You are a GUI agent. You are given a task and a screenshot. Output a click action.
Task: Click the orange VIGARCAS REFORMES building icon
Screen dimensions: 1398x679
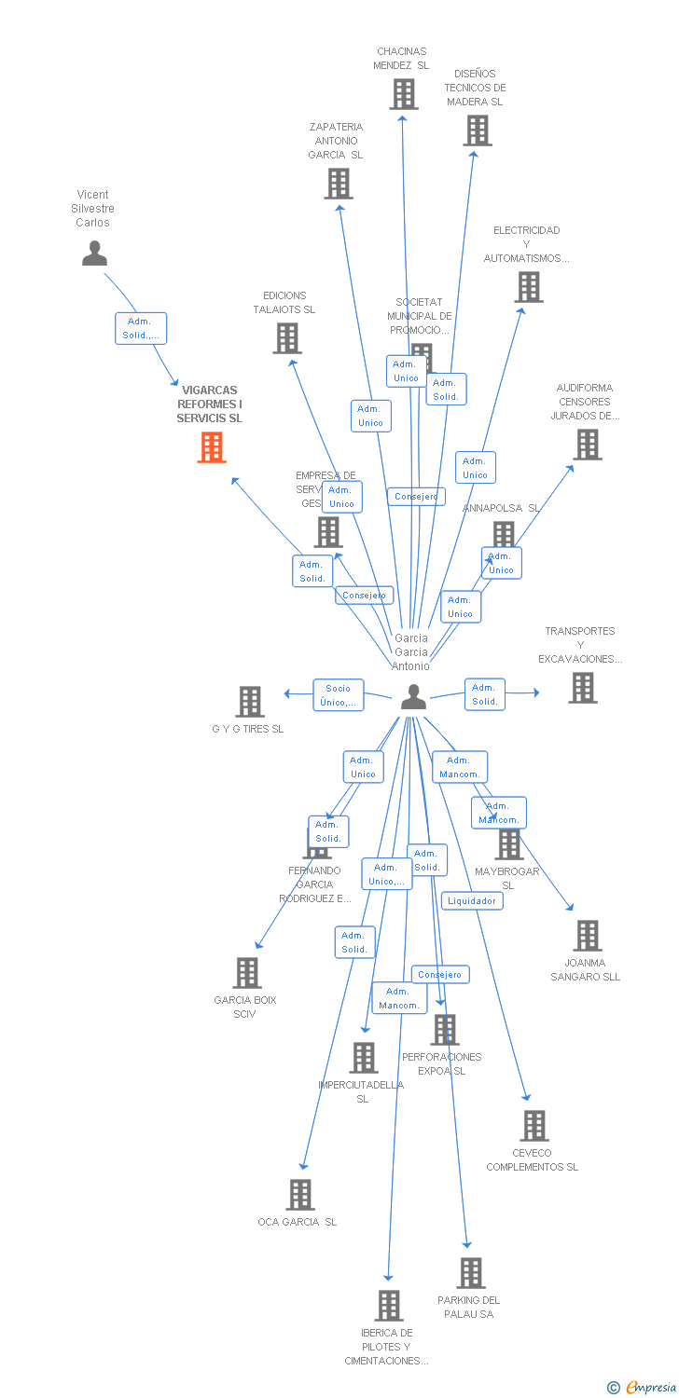pos(213,447)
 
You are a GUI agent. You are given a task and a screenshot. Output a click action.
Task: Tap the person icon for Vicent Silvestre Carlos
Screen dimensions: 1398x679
pos(94,253)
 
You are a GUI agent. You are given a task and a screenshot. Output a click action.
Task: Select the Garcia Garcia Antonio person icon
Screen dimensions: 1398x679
pos(413,696)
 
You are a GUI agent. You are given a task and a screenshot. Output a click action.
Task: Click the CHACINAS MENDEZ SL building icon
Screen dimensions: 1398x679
pos(403,94)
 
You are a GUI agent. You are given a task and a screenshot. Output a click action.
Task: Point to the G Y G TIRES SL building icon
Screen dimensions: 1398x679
pos(249,702)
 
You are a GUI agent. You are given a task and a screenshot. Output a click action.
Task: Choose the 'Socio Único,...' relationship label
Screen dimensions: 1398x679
pos(338,695)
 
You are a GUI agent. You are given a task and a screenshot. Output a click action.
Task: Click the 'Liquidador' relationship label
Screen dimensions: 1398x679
pos(472,900)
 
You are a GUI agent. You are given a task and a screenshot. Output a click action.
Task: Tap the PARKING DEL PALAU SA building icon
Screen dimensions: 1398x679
pos(471,1273)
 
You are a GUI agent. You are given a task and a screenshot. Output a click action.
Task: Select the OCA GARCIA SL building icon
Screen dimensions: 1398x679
pos(299,1195)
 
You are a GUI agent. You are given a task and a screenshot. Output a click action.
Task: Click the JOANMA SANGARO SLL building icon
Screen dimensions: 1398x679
pos(587,936)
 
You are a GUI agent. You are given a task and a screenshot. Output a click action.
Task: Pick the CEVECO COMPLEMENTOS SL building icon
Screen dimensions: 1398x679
pos(533,1126)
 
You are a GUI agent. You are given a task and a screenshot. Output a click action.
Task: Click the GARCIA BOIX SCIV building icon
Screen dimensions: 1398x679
pos(247,973)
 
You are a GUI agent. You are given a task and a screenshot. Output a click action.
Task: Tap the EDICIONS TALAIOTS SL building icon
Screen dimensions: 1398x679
pos(287,338)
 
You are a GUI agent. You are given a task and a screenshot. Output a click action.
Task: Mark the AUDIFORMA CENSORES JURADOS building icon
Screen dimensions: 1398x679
pos(587,445)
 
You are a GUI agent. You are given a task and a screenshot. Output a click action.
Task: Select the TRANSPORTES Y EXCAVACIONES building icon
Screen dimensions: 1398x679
pos(583,688)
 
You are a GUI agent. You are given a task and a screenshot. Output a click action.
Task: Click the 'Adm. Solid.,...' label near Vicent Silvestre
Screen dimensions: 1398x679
pos(141,328)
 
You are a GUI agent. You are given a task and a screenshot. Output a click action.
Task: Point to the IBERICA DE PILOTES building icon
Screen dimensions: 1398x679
pos(389,1306)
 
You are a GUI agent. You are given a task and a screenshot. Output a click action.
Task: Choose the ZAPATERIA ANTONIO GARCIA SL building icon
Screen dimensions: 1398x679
pos(338,184)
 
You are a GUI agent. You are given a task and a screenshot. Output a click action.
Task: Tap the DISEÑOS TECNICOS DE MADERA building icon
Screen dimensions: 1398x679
pos(477,130)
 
